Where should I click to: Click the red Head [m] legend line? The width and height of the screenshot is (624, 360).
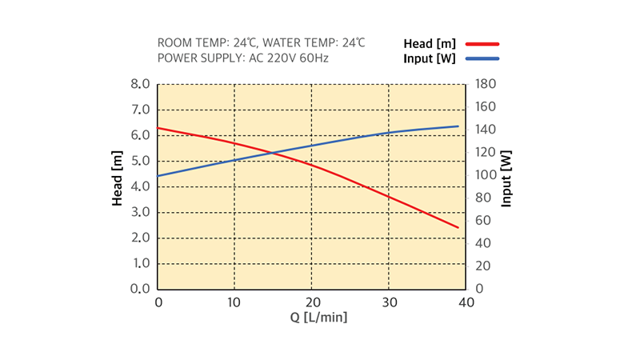[x=479, y=44]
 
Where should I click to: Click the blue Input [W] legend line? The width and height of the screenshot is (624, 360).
[x=479, y=59]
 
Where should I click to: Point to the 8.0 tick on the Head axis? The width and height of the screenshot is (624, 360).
[x=140, y=84]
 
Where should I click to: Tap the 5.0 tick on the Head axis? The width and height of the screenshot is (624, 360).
[x=140, y=161]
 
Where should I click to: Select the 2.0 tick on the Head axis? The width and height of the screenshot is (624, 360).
[x=140, y=238]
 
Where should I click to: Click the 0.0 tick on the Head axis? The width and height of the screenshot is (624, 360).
[x=140, y=289]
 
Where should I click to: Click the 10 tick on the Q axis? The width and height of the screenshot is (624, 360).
[x=234, y=302]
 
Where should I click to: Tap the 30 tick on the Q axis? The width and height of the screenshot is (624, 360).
[x=389, y=302]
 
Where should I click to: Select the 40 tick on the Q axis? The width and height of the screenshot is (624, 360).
[x=466, y=302]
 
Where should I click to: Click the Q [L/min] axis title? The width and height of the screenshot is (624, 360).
[x=318, y=318]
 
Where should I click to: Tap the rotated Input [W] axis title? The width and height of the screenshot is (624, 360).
[x=506, y=178]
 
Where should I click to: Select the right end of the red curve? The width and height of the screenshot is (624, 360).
[x=458, y=228]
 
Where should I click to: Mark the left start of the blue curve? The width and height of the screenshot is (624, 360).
[x=158, y=176]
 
